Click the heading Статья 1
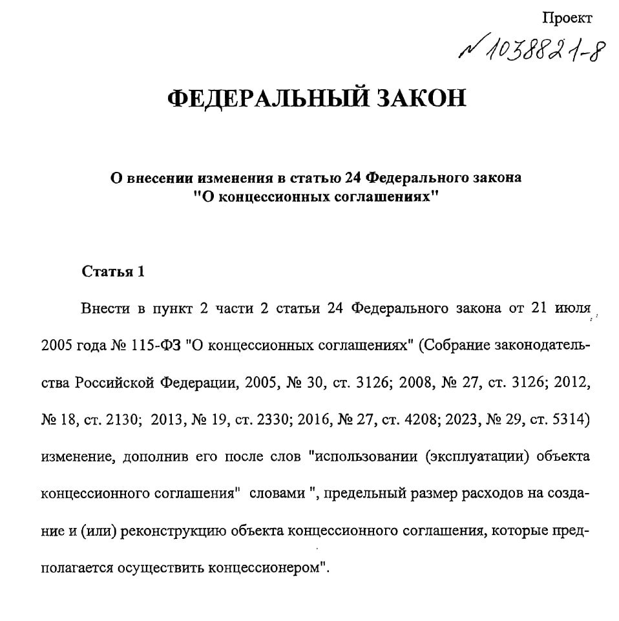113,271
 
